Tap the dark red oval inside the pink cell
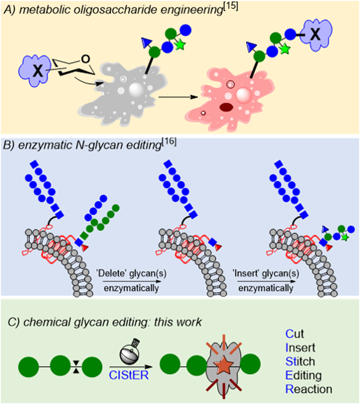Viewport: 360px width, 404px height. point(226,108)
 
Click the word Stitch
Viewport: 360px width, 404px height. point(300,361)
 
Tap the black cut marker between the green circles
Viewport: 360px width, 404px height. point(76,367)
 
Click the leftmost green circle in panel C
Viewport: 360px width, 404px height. point(28,367)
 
